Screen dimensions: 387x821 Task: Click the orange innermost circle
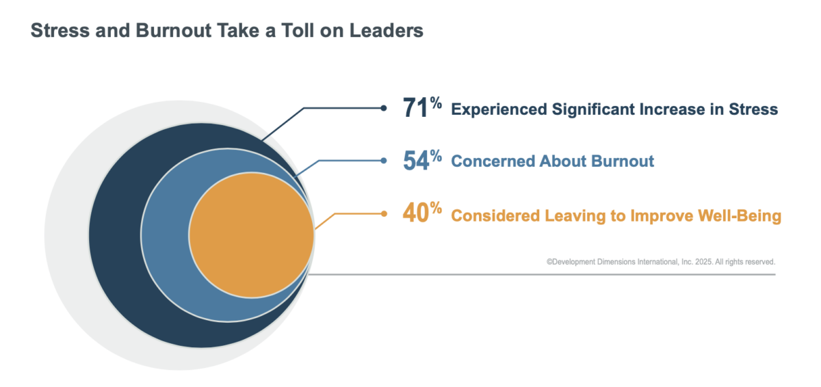(251, 235)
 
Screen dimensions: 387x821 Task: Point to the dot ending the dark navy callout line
(384, 107)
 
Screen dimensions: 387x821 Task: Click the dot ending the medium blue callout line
(384, 161)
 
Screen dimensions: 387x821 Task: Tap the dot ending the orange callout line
(384, 214)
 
